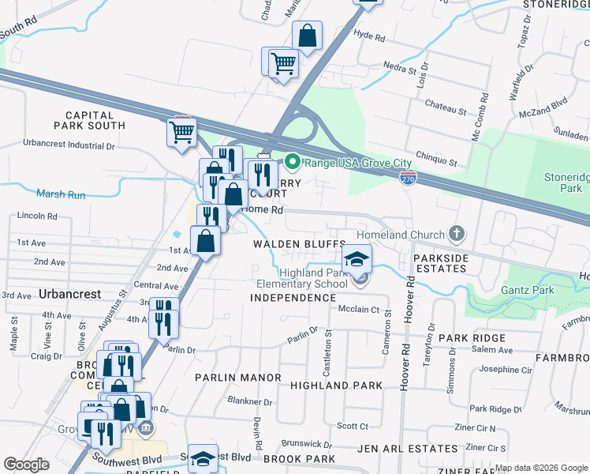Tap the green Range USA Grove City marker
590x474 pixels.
coord(293,163)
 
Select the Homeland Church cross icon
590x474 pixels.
coord(455,233)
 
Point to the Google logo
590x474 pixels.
coord(27,465)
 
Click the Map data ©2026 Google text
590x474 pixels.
coord(540,468)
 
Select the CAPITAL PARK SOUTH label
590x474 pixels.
coord(90,120)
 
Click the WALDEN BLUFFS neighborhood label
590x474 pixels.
coord(300,244)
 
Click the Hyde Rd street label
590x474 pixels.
coord(369,37)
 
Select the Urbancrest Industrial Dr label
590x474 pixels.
coord(69,145)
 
